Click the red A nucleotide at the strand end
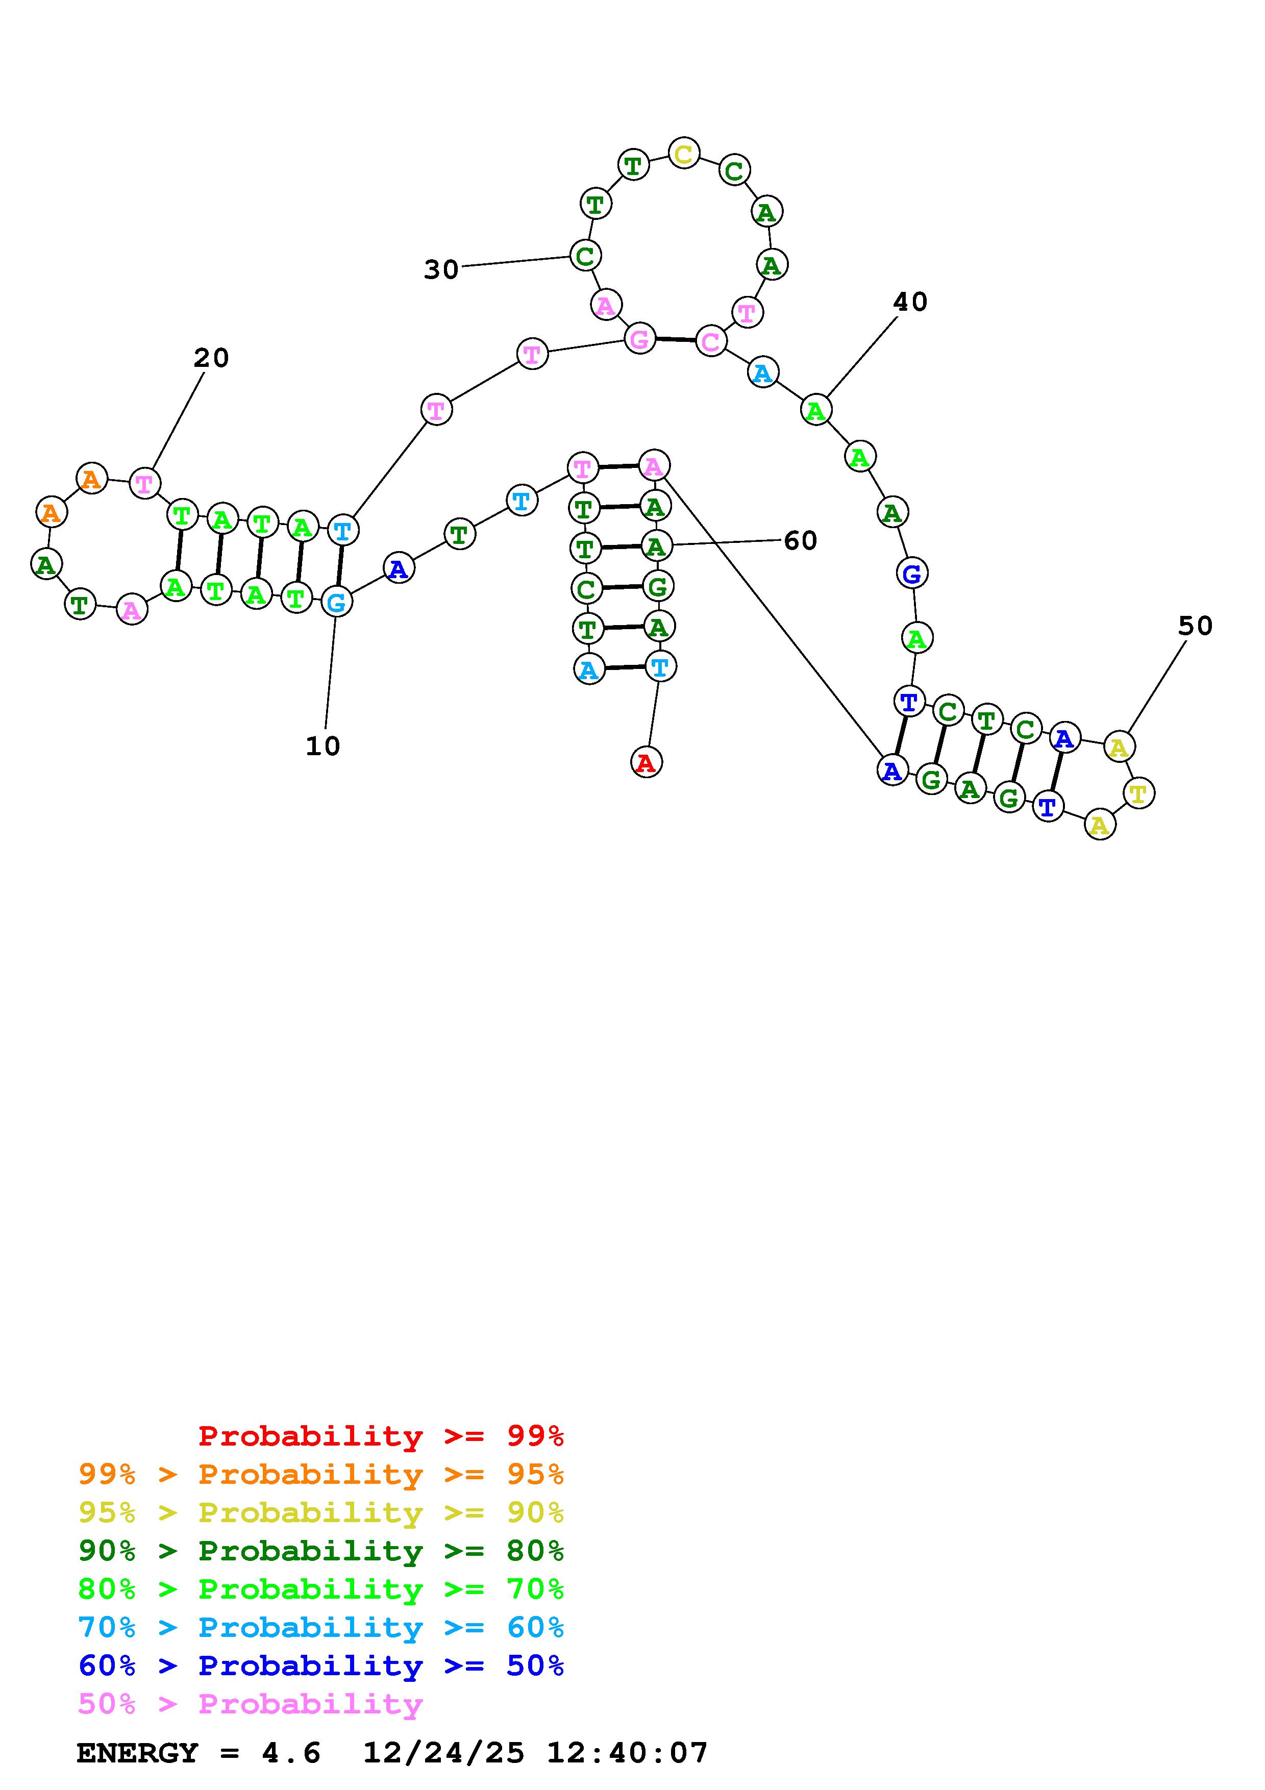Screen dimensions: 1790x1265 [646, 762]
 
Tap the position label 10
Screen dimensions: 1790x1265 [323, 746]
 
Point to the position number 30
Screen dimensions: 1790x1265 [441, 270]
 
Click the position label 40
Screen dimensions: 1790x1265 [909, 302]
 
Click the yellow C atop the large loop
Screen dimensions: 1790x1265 [684, 154]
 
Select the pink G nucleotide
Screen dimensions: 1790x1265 [639, 339]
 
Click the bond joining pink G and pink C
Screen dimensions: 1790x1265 [675, 340]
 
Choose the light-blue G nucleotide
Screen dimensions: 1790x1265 [336, 602]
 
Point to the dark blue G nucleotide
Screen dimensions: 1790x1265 [911, 574]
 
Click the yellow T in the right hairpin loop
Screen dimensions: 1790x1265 [1138, 793]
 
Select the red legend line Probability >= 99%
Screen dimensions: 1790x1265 [381, 1435]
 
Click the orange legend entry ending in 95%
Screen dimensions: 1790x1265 [321, 1474]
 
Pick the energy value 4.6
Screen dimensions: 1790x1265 [291, 1753]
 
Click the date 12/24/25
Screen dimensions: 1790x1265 [443, 1753]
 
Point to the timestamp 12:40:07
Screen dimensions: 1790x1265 [627, 1753]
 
